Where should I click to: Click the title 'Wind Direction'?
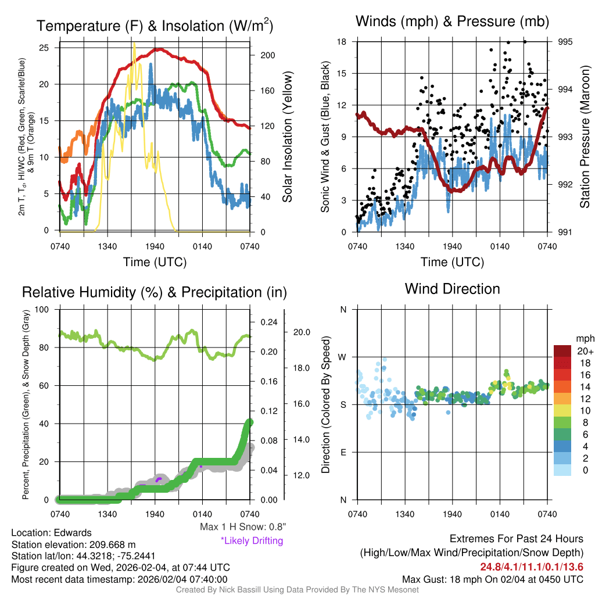(452, 289)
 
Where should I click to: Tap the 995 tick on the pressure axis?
(566, 42)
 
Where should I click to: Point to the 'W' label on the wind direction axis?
(343, 357)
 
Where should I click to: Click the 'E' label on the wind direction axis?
(343, 452)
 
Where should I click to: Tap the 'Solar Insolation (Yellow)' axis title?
(287, 137)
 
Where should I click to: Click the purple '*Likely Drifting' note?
(252, 540)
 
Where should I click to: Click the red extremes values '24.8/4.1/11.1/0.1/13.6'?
(531, 567)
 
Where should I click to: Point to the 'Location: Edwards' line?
(51, 533)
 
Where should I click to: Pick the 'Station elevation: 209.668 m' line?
(73, 544)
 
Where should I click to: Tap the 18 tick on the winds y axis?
(342, 42)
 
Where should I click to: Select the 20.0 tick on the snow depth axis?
(303, 332)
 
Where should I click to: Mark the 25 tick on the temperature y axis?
(44, 48)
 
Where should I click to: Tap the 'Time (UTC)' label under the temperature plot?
(155, 262)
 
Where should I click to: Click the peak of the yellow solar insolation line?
(135, 44)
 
